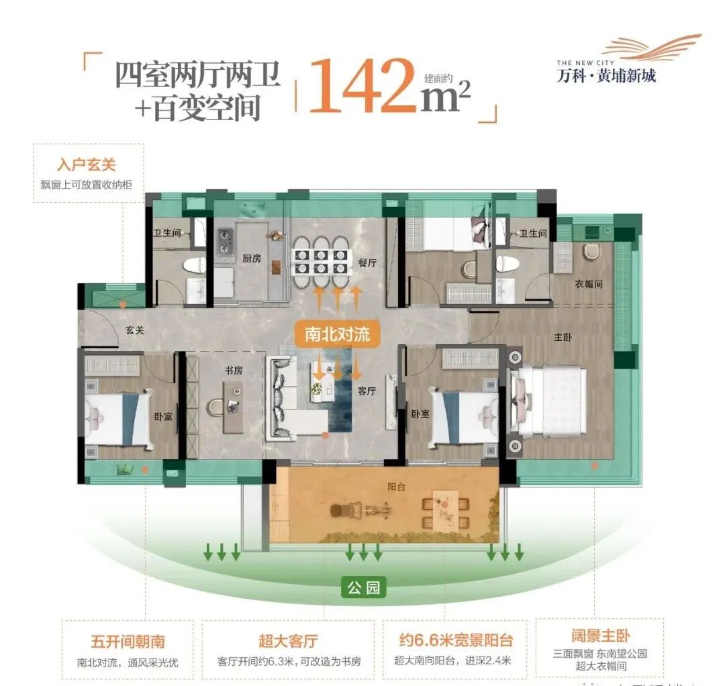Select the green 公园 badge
[x=364, y=588]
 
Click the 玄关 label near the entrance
[x=135, y=330]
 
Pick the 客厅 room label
[x=366, y=391]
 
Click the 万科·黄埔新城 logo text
[x=607, y=75]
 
